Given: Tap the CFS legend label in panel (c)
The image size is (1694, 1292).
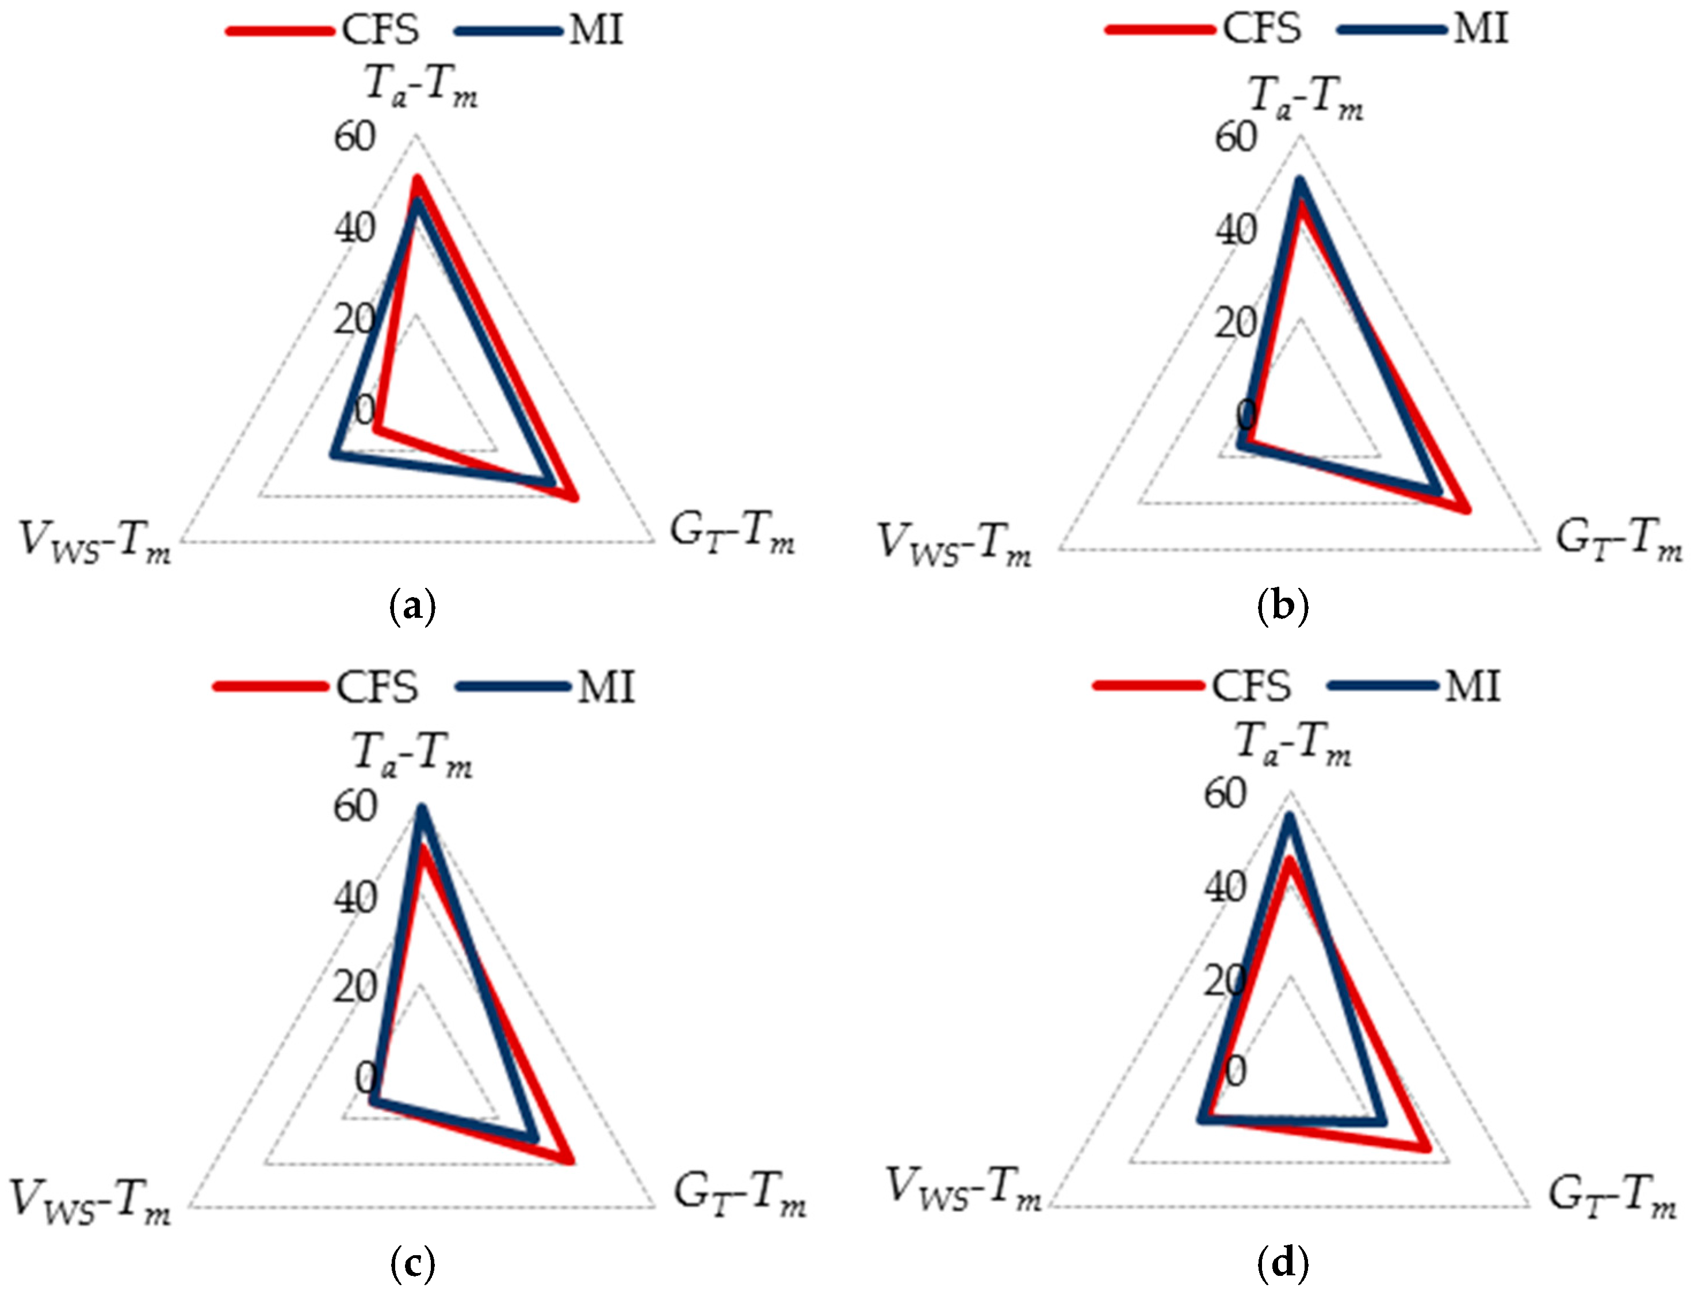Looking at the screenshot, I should coord(377,687).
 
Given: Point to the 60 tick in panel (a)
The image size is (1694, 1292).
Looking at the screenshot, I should coord(354,137).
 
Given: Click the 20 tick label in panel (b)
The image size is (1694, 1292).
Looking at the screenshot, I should coord(1236,323).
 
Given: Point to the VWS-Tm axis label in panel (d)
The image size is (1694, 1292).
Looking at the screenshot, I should coord(964,1189).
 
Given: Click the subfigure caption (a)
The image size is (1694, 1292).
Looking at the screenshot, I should coord(413,607).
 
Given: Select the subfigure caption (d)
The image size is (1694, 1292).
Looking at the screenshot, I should coord(1283,1262).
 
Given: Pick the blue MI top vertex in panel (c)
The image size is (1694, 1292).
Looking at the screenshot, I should coord(420,809).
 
